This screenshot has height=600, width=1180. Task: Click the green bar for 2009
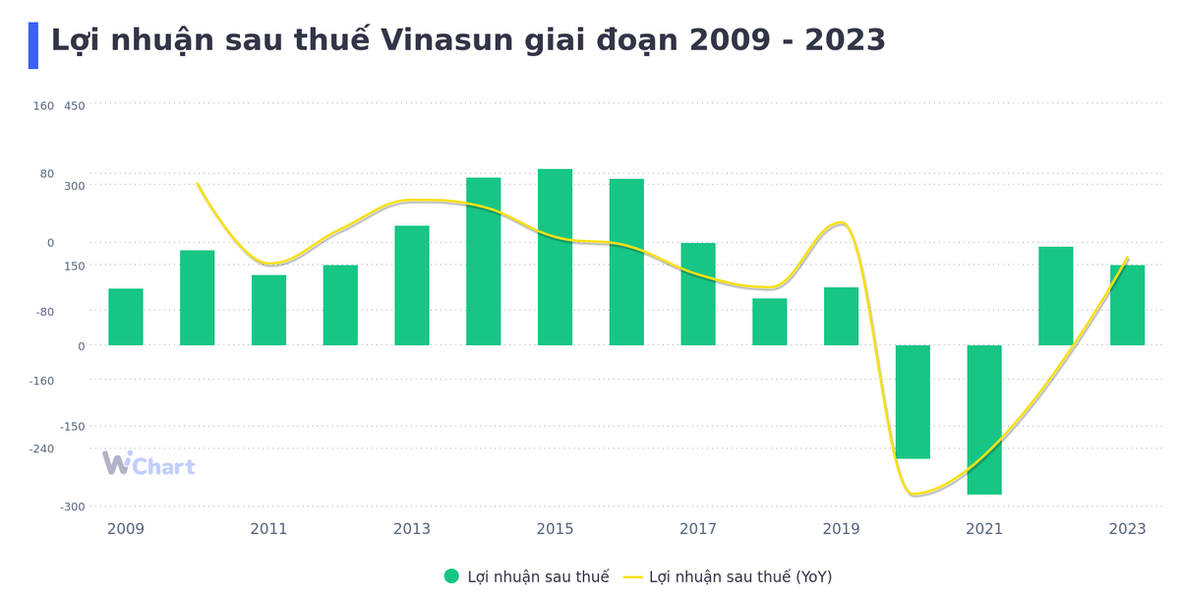tap(126, 317)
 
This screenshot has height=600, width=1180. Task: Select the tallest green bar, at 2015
tap(555, 258)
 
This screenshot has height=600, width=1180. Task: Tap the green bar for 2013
tap(412, 285)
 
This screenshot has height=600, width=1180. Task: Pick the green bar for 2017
tap(698, 294)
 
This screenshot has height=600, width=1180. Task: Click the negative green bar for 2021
tap(984, 420)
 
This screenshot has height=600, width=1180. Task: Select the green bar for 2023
tap(1127, 305)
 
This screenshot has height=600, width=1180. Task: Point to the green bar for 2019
tap(841, 317)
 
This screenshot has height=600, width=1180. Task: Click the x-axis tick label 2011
tap(268, 529)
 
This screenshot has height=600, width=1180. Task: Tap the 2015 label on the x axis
tap(555, 529)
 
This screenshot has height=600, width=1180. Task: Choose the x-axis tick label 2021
tap(984, 529)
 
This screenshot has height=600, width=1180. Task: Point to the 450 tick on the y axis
tap(75, 106)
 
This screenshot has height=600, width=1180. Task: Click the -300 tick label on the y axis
tap(72, 507)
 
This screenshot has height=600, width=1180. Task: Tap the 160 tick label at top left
tap(44, 106)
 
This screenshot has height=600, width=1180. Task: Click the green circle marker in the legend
tap(451, 576)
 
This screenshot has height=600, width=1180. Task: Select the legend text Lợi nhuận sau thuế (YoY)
tap(739, 576)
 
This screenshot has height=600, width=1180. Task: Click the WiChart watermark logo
tap(148, 465)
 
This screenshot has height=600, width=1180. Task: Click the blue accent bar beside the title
tap(33, 45)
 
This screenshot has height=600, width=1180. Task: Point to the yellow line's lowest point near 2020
tap(914, 494)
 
